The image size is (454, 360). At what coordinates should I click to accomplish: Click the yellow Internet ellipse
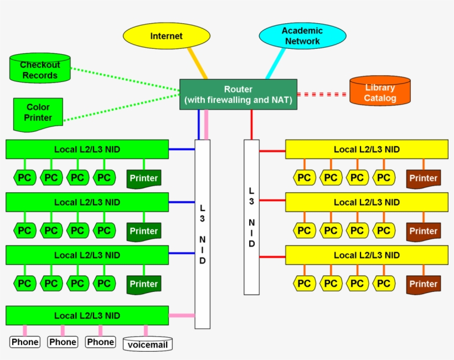pyautogui.click(x=166, y=36)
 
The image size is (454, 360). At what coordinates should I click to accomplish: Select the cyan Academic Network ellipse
pyautogui.click(x=302, y=36)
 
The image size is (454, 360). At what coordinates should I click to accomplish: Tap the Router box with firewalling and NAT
pyautogui.click(x=238, y=95)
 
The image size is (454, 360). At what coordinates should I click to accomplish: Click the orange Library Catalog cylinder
pyautogui.click(x=380, y=92)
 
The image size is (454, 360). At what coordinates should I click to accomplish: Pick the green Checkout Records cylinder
pyautogui.click(x=40, y=69)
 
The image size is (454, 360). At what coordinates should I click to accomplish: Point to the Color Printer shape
pyautogui.click(x=38, y=114)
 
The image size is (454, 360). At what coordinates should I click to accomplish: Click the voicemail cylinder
pyautogui.click(x=147, y=344)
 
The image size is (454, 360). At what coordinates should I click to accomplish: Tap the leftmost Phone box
pyautogui.click(x=25, y=342)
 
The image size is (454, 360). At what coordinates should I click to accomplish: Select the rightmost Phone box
pyautogui.click(x=100, y=342)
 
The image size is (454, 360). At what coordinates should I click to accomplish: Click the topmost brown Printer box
pyautogui.click(x=424, y=178)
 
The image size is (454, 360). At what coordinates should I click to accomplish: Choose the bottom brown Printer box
pyautogui.click(x=424, y=284)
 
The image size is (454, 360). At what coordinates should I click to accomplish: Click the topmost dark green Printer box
pyautogui.click(x=143, y=178)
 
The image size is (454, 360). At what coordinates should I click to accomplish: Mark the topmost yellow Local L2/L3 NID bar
pyautogui.click(x=367, y=150)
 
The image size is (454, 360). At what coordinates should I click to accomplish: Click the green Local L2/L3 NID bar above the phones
pyautogui.click(x=87, y=316)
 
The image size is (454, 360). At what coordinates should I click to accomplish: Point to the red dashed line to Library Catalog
pyautogui.click(x=322, y=94)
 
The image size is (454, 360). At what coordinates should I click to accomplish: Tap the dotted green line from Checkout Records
pyautogui.click(x=125, y=79)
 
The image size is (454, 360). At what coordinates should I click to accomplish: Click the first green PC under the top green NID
pyautogui.click(x=24, y=178)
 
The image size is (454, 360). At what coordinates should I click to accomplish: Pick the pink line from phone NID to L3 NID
pyautogui.click(x=182, y=316)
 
